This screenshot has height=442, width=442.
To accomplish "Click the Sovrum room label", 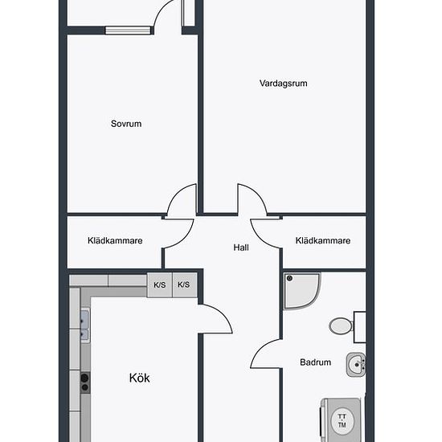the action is pos(126,124).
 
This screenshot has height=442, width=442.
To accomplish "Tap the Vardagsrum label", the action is pos(284,84).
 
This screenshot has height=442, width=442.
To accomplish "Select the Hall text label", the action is pos(241,248).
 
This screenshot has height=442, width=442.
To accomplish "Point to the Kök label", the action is pos(140,378).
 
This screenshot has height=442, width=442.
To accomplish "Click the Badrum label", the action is pos(316,362).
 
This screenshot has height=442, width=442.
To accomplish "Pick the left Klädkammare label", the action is pos(115,240).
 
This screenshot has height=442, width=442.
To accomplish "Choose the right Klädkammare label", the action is pos(323,240).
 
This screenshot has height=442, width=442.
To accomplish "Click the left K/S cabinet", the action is pos(160,284).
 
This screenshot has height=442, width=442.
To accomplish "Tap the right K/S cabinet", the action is pos(184,284).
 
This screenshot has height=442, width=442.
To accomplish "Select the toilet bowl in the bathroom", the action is pos(341,326).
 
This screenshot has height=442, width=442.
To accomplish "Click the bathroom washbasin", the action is pos(356,365).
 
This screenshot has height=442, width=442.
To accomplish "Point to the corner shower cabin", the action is pos(301,291).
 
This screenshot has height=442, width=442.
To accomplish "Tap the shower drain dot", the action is pos(289,279).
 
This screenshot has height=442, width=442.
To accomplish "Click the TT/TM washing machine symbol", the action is pos(342,420).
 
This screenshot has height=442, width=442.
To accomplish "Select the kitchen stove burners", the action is pos(85,383).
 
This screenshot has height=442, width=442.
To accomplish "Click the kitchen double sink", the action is pos(85,325).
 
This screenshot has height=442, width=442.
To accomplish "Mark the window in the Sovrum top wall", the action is pos(128,31).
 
